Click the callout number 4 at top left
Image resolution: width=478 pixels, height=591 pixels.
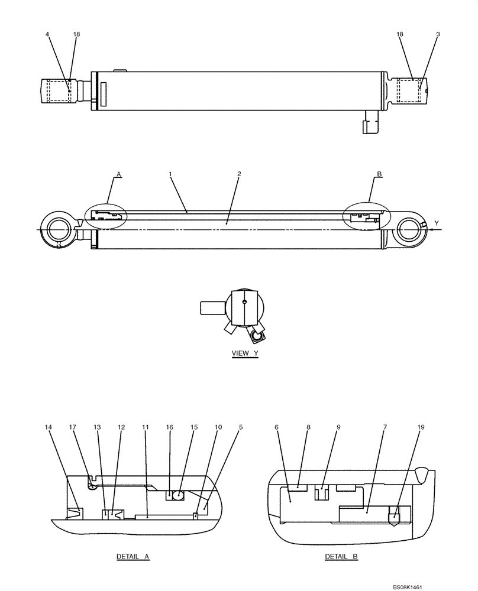coord(47,34)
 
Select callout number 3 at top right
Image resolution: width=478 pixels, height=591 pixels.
coord(438,34)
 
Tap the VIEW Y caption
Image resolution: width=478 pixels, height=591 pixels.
coord(245,353)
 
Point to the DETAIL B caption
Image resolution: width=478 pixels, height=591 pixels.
coord(341,557)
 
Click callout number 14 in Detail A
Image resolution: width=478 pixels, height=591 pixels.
coord(49,426)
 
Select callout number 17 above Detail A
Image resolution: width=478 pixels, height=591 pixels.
coord(73,426)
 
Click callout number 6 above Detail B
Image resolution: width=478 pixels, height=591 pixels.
coord(276,426)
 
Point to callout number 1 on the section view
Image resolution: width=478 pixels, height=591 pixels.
coord(170,174)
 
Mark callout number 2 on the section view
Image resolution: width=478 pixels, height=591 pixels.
coord(238,174)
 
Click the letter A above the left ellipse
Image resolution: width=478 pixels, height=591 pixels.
coord(118,174)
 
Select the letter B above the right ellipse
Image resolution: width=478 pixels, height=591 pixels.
coord(379,174)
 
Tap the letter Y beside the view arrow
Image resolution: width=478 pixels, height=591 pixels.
coord(437,223)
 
